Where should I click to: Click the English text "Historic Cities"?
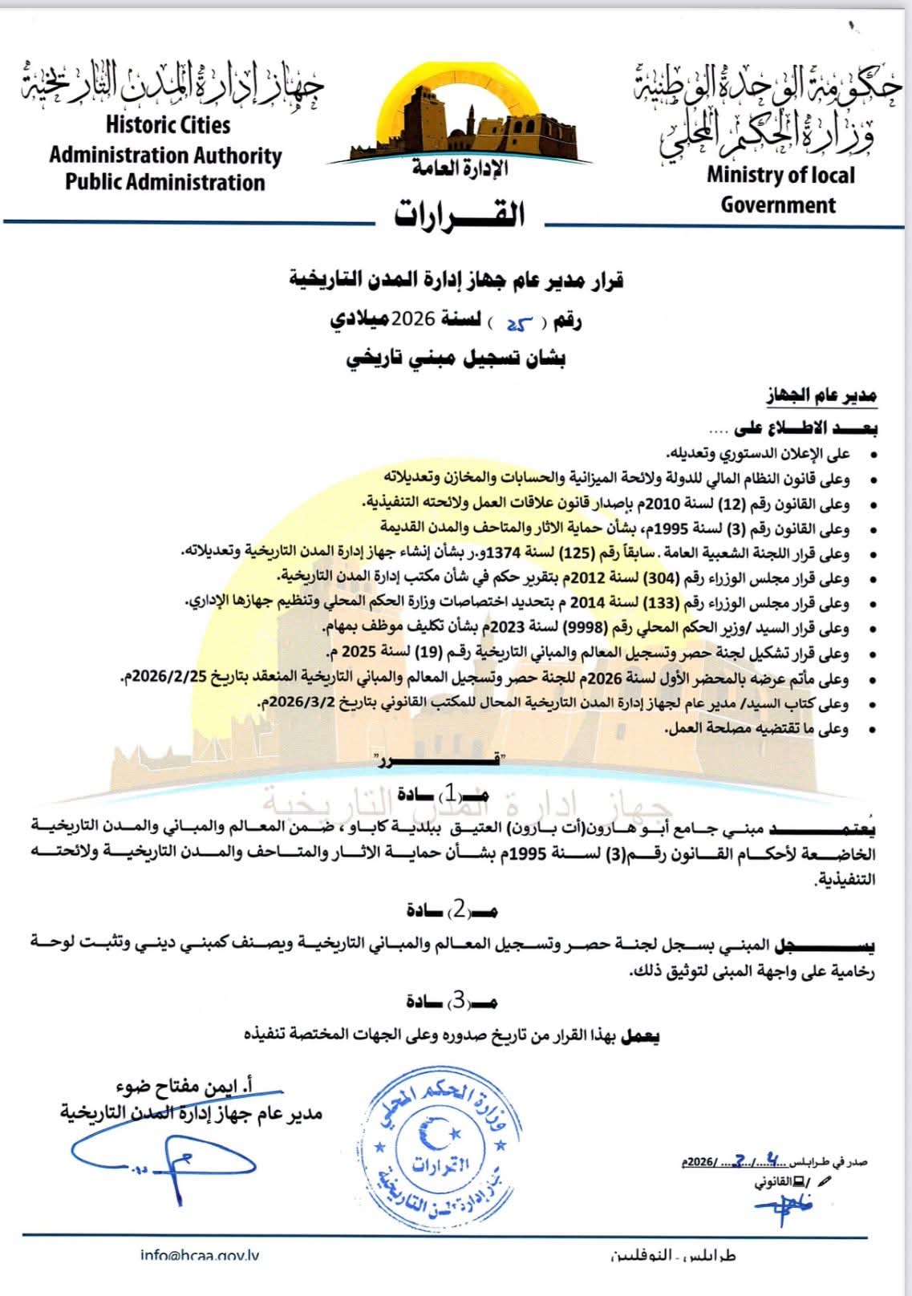pyautogui.click(x=168, y=125)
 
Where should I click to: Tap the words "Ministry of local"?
pyautogui.click(x=780, y=175)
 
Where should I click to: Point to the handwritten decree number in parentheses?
pyautogui.click(x=518, y=322)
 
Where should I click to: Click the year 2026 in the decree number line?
pyautogui.click(x=413, y=320)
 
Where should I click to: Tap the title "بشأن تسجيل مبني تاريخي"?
pyautogui.click(x=456, y=359)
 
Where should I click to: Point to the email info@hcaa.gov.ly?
pyautogui.click(x=199, y=1257)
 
